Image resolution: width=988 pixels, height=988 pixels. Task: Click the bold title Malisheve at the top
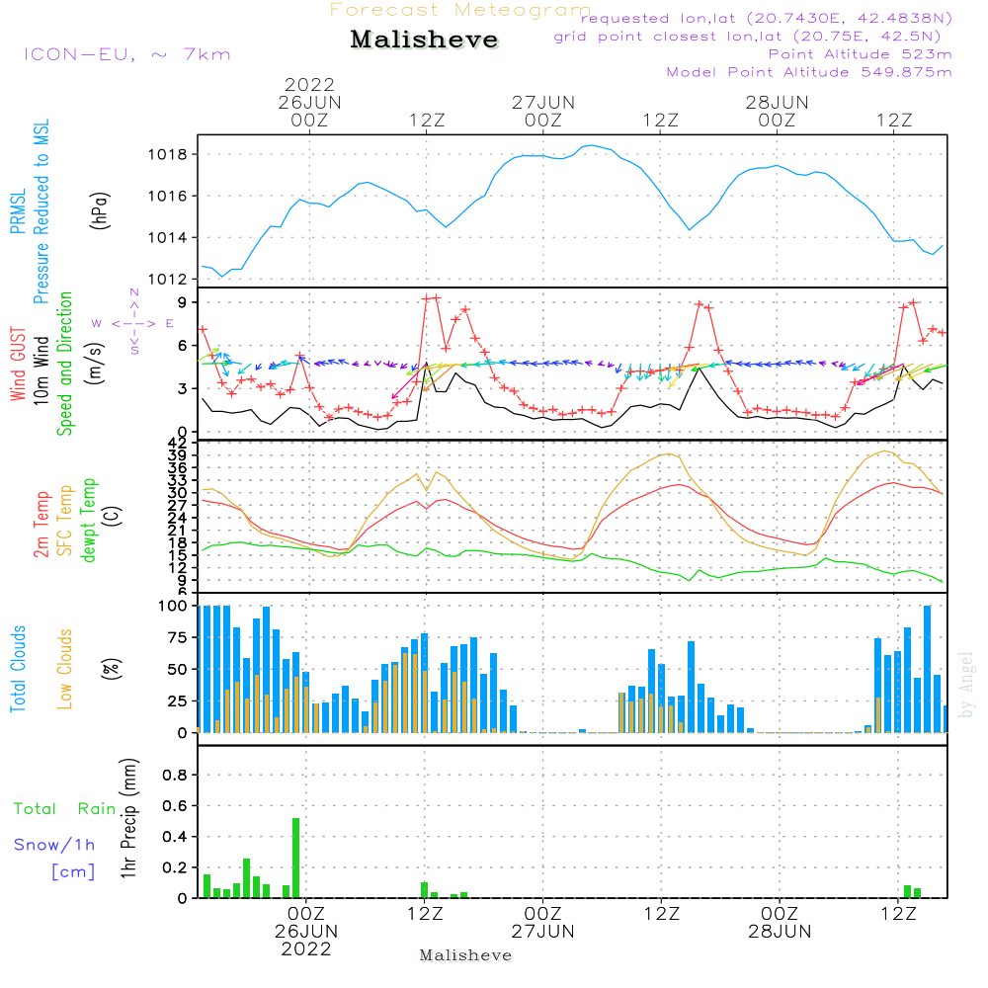click(x=425, y=41)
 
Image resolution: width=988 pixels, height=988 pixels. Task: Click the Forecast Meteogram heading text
click(x=460, y=10)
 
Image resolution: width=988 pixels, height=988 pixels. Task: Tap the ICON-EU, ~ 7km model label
click(x=126, y=54)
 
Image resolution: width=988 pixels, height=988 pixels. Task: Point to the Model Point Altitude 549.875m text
click(x=809, y=72)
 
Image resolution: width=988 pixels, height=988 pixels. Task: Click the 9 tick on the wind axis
click(x=182, y=302)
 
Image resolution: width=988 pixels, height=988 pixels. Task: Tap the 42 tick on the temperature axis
click(x=178, y=442)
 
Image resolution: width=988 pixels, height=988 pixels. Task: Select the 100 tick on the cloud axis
click(x=173, y=606)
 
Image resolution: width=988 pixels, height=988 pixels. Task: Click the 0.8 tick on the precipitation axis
click(x=174, y=776)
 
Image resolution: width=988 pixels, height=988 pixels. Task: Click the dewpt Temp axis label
click(x=89, y=521)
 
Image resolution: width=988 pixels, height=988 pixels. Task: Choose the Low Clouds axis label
click(x=65, y=669)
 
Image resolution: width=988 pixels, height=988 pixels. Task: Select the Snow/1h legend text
click(x=55, y=846)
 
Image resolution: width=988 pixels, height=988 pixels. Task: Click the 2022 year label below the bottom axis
click(x=305, y=949)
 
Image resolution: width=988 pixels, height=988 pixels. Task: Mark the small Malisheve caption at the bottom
click(x=465, y=955)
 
